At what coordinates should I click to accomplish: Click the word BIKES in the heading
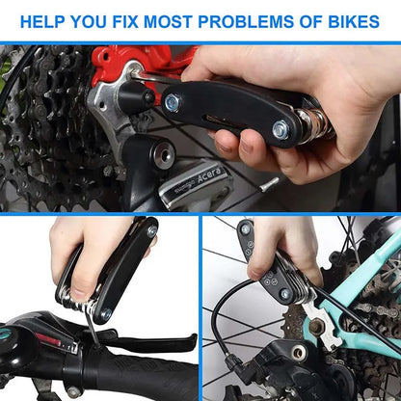[346, 20]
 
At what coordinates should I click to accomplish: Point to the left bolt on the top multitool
[172, 101]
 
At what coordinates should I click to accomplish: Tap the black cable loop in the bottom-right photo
[222, 328]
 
